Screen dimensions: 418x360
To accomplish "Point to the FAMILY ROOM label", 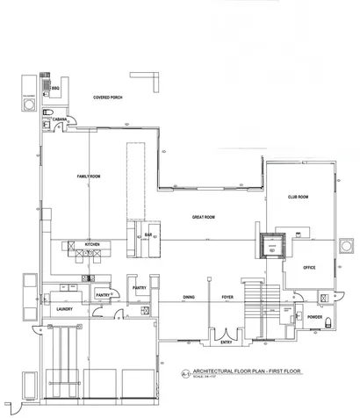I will click(90, 177).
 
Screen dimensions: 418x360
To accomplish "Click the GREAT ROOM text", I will click(204, 216).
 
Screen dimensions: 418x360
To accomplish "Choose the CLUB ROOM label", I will click(299, 198).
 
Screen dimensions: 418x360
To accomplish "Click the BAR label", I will click(149, 235).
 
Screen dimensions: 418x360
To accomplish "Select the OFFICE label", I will click(308, 267).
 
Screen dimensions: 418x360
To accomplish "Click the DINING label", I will click(188, 297).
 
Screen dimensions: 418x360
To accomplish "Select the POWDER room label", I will click(313, 317).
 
